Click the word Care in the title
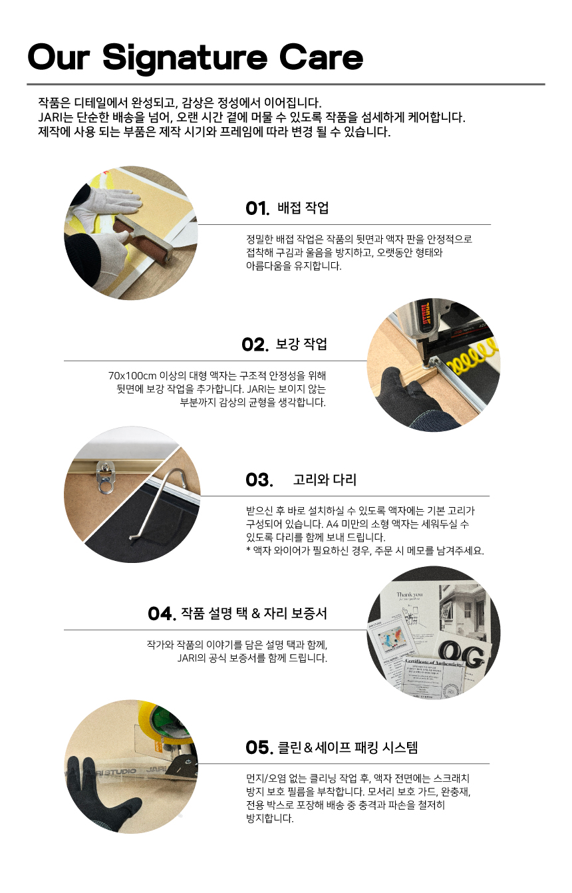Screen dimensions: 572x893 click(x=321, y=57)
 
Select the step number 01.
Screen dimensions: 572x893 click(x=257, y=208)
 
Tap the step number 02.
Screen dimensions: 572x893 click(x=255, y=345)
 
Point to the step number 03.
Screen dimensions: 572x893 click(x=259, y=480)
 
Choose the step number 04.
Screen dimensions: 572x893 click(x=162, y=614)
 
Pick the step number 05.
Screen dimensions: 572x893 click(x=259, y=747)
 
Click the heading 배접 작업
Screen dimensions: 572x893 click(x=303, y=208)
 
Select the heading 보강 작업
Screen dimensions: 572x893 click(x=301, y=343)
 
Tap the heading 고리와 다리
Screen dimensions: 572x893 click(x=325, y=480)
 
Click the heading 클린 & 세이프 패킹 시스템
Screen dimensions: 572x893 click(x=348, y=747)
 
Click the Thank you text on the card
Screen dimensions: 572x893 click(x=409, y=594)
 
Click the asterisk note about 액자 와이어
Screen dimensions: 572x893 click(x=364, y=551)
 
